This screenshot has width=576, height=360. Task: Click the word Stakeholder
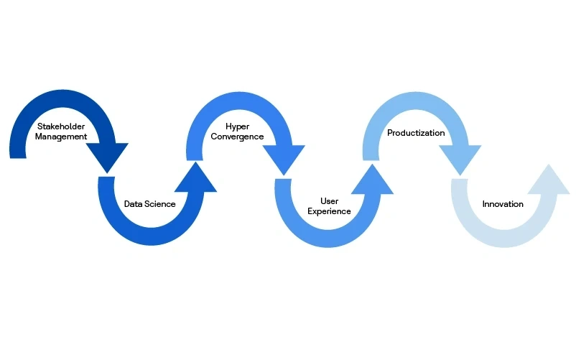[62, 126]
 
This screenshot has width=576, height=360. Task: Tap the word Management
[62, 137]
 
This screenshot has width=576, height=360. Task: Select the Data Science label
[149, 204]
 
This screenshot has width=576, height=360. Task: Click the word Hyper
[237, 126]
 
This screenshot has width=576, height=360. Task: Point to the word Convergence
[237, 137]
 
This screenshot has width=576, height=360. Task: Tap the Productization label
[416, 133]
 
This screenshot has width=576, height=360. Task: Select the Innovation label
[503, 204]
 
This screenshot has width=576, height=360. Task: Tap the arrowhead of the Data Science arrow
[195, 179]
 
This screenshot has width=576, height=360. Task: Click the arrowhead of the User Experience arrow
[372, 179]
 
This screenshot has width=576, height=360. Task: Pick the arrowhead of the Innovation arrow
[549, 179]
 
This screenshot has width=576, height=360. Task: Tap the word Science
[161, 204]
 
